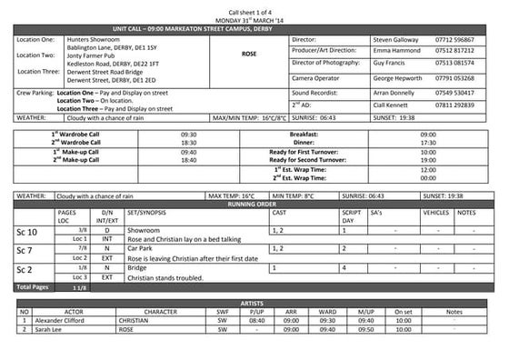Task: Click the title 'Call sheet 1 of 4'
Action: coord(254,10)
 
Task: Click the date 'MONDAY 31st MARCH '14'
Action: coord(254,19)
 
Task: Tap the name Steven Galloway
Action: coord(401,40)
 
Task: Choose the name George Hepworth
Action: coord(403,79)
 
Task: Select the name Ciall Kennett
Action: coord(396,105)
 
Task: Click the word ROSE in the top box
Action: coord(249,54)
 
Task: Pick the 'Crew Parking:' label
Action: coord(35,93)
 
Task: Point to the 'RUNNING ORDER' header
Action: coord(254,205)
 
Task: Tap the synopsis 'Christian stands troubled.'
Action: coord(164,277)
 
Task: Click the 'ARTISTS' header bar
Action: coord(254,301)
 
